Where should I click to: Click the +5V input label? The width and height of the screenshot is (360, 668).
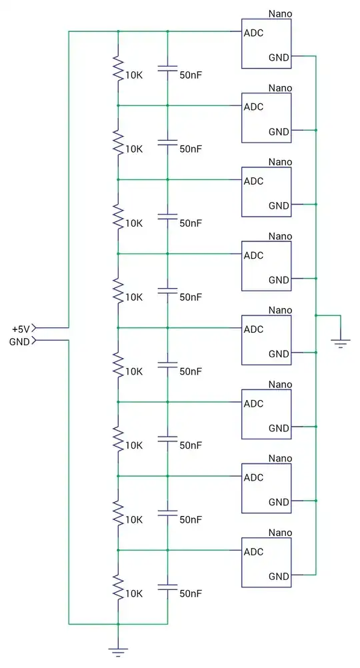21,329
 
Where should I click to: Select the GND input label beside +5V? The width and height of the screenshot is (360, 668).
19,342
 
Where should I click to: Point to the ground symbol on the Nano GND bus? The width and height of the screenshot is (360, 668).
341,343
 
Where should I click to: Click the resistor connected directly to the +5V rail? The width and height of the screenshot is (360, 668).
118,68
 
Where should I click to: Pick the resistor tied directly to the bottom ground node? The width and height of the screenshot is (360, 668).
118,587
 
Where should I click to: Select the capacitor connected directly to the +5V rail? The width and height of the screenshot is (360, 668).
167,68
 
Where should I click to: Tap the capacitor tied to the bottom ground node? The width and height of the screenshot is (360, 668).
167,587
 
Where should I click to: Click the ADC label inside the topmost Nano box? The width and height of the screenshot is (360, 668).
253,33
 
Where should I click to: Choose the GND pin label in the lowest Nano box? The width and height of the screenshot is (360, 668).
279,577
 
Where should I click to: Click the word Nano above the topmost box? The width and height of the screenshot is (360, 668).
280,13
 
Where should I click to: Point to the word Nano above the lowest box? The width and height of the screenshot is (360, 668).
280,533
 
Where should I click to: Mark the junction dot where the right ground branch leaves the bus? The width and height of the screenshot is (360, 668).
316,315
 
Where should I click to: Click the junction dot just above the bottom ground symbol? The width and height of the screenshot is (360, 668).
118,624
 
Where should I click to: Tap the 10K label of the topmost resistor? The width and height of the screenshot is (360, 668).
134,75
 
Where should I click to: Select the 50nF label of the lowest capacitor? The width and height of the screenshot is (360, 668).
191,593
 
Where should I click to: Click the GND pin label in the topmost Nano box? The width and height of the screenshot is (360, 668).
279,57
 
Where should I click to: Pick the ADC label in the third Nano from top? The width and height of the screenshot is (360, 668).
253,181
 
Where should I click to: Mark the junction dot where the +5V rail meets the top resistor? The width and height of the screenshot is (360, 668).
118,31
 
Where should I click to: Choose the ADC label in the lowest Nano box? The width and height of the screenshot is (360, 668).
253,552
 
